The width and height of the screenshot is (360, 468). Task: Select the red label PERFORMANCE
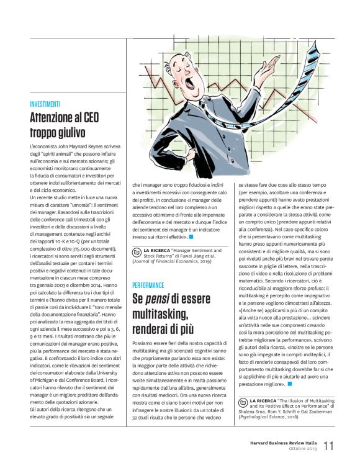pyautogui.click(x=148, y=285)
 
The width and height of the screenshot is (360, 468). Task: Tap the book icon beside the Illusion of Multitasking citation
pyautogui.click(x=244, y=385)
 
